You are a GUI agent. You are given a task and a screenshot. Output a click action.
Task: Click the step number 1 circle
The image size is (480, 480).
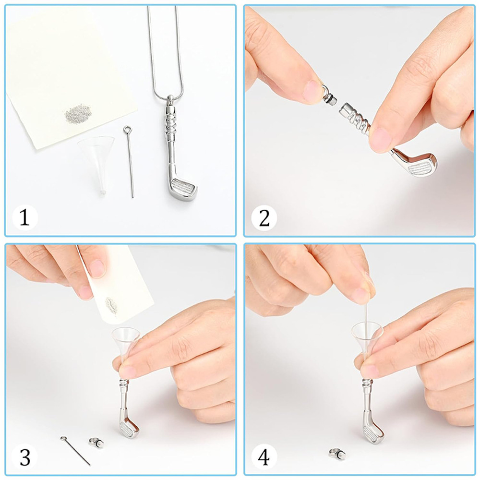point(25,217)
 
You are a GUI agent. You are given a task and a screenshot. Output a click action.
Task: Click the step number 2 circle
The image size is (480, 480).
point(264,217)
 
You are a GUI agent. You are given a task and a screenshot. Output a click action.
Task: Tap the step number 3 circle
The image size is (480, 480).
point(25,457)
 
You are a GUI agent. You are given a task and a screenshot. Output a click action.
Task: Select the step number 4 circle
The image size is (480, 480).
point(264,457)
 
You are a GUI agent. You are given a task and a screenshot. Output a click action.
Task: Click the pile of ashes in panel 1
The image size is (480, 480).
point(78,113)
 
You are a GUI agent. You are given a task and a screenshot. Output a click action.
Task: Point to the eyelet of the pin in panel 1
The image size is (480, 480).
point(127,130)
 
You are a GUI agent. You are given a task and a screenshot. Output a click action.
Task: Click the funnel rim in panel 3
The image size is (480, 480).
point(126,334)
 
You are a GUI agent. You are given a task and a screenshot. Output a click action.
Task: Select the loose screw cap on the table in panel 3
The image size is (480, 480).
point(96,442)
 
